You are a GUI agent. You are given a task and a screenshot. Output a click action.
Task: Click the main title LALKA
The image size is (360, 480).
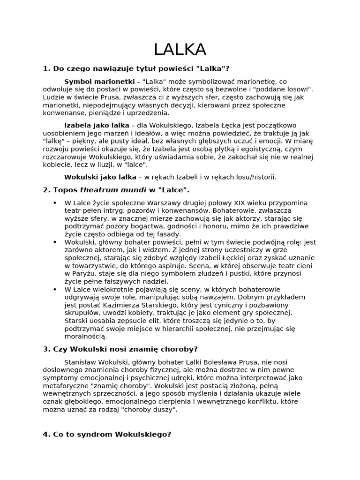click(180, 49)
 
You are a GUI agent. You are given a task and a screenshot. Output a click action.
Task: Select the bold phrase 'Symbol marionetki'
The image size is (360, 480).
click(99, 81)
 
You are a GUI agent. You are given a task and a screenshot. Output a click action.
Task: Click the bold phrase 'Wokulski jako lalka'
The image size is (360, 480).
click(100, 177)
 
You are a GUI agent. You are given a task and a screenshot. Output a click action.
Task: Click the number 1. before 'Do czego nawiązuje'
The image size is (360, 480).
click(46, 68)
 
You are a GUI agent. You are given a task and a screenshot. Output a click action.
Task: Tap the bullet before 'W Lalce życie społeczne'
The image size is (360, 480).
click(55, 202)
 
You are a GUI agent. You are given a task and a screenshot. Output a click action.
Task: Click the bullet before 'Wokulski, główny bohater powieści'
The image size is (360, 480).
click(55, 242)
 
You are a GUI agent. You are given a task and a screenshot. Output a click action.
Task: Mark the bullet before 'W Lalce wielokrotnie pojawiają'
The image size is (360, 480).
click(55, 290)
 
